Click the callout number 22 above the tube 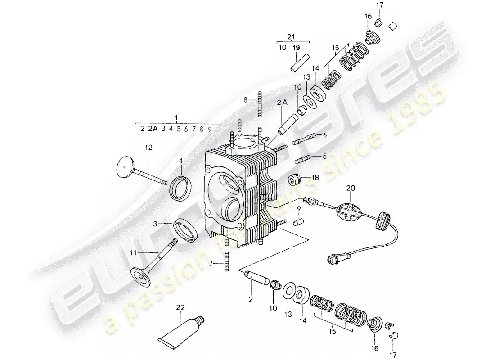pos(180,308)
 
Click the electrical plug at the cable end pos(332,260)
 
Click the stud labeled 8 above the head pos(260,104)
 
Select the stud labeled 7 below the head pos(226,261)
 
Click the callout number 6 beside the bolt pos(325,135)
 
